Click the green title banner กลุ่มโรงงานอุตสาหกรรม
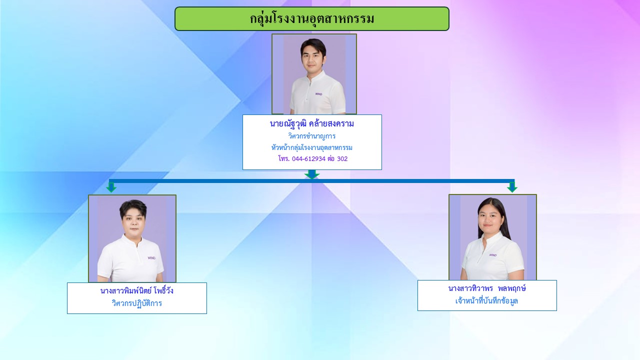(x=312, y=18)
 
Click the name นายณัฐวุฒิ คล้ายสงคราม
(x=311, y=124)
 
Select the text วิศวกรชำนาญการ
(x=311, y=136)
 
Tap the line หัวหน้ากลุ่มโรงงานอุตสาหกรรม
(x=311, y=147)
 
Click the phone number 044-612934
(x=309, y=159)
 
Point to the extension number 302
(x=342, y=159)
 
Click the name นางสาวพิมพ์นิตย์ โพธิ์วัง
(x=137, y=291)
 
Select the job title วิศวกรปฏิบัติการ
(x=137, y=303)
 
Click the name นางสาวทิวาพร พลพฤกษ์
(x=487, y=288)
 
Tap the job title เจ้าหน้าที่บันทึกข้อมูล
(x=486, y=301)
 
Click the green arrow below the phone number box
(x=312, y=174)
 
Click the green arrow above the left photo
(x=111, y=187)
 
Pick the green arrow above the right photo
(x=512, y=187)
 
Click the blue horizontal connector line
(x=311, y=181)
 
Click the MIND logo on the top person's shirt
(x=319, y=94)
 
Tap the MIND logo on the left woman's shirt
(x=151, y=258)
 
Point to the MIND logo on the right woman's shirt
(x=493, y=255)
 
